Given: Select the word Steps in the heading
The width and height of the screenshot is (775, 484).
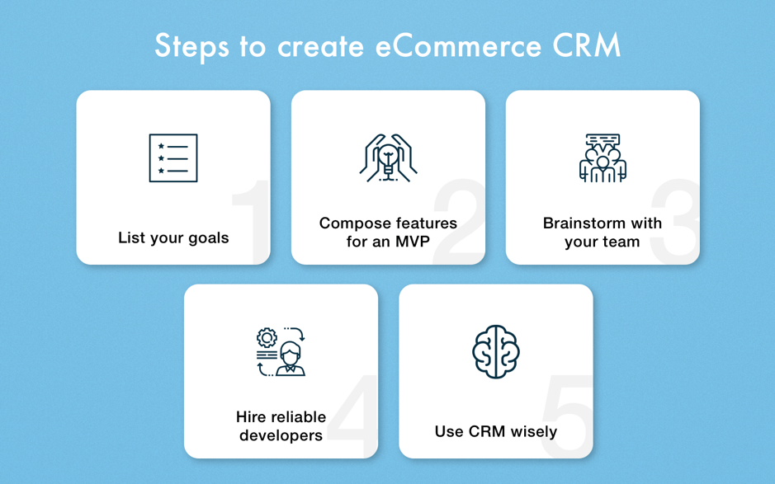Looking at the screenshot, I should [192, 46].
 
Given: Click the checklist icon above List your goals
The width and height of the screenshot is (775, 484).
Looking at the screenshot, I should [173, 157].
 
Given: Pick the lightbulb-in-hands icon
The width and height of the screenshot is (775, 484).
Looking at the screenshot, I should [388, 157].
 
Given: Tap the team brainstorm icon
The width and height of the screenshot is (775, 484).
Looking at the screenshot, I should [603, 157].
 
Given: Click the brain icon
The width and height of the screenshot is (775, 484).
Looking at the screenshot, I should [495, 351].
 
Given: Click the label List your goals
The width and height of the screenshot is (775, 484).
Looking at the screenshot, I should [173, 238].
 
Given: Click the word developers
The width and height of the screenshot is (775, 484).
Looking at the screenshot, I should [281, 435].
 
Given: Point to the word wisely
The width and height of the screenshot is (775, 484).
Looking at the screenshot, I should [532, 431].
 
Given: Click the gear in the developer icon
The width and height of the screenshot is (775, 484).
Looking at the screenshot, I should [267, 337].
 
